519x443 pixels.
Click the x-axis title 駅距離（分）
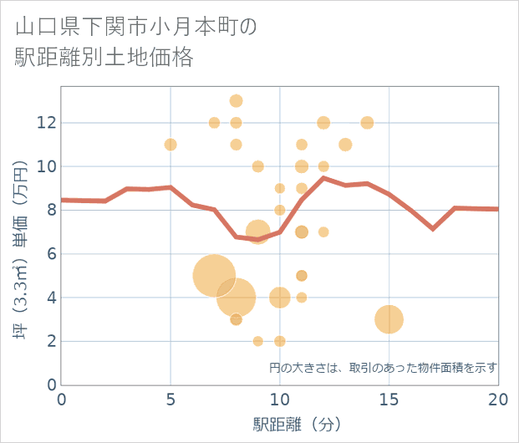point(298,424)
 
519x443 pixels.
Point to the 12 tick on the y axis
point(46,123)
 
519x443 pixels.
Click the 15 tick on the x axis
point(389,400)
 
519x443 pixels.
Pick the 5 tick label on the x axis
point(170,400)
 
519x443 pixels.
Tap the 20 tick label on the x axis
point(497,400)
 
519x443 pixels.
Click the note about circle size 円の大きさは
point(383,367)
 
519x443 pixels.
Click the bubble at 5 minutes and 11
point(170,145)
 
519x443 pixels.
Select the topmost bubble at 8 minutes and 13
point(236,101)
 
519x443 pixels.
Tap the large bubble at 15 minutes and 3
point(389,319)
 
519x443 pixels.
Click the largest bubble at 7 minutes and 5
point(214,275)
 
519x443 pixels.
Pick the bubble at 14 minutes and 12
point(367,123)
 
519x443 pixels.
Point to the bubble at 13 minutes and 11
point(345,145)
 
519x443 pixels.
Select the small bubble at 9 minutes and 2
point(257,341)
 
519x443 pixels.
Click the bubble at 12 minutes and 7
point(323,232)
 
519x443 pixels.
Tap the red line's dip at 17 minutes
point(432,228)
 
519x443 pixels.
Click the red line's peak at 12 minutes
point(323,177)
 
